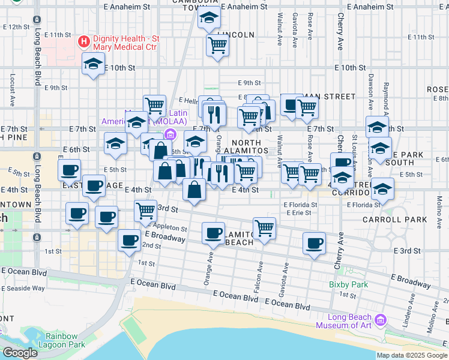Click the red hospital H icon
(84, 42)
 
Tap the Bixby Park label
(348, 284)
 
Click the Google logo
(19, 353)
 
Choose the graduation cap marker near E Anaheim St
(209, 19)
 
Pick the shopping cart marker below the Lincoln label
(217, 44)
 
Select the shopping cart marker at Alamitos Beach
(264, 227)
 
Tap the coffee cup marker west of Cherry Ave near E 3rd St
(314, 243)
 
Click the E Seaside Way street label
(23, 288)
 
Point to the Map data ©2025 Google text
(411, 355)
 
